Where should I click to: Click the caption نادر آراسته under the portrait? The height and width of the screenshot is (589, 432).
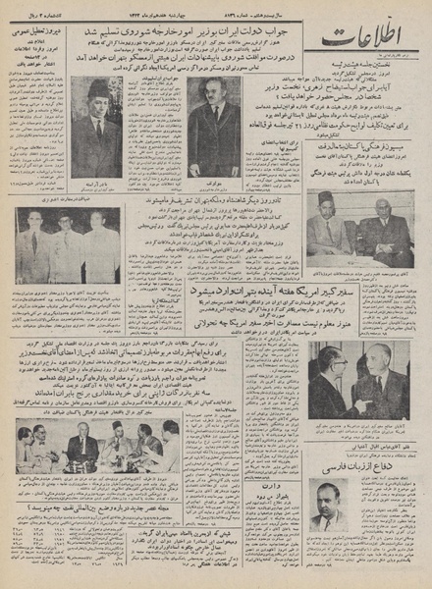tap(96, 182)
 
